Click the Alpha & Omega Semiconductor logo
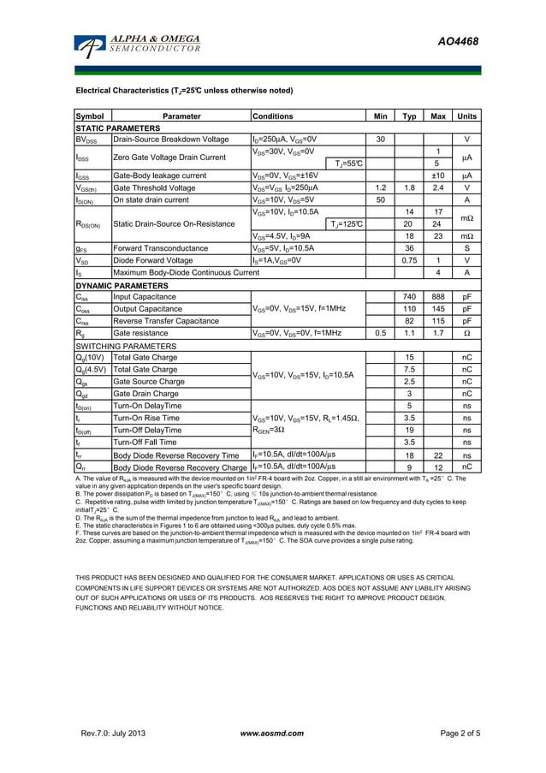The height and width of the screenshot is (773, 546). pos(137,45)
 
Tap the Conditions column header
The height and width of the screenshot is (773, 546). pos(273,116)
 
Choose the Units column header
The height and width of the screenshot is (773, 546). pos(466,116)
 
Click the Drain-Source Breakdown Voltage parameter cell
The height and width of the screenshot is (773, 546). pos(171,139)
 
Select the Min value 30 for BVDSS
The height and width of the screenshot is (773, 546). pos(380,139)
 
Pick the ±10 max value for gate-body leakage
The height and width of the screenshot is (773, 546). pos(437,175)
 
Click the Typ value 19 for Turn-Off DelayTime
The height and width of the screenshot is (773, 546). pos(409,430)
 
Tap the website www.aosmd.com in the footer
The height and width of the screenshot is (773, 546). pos(272,734)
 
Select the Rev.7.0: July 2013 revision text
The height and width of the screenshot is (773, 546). pos(114,734)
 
